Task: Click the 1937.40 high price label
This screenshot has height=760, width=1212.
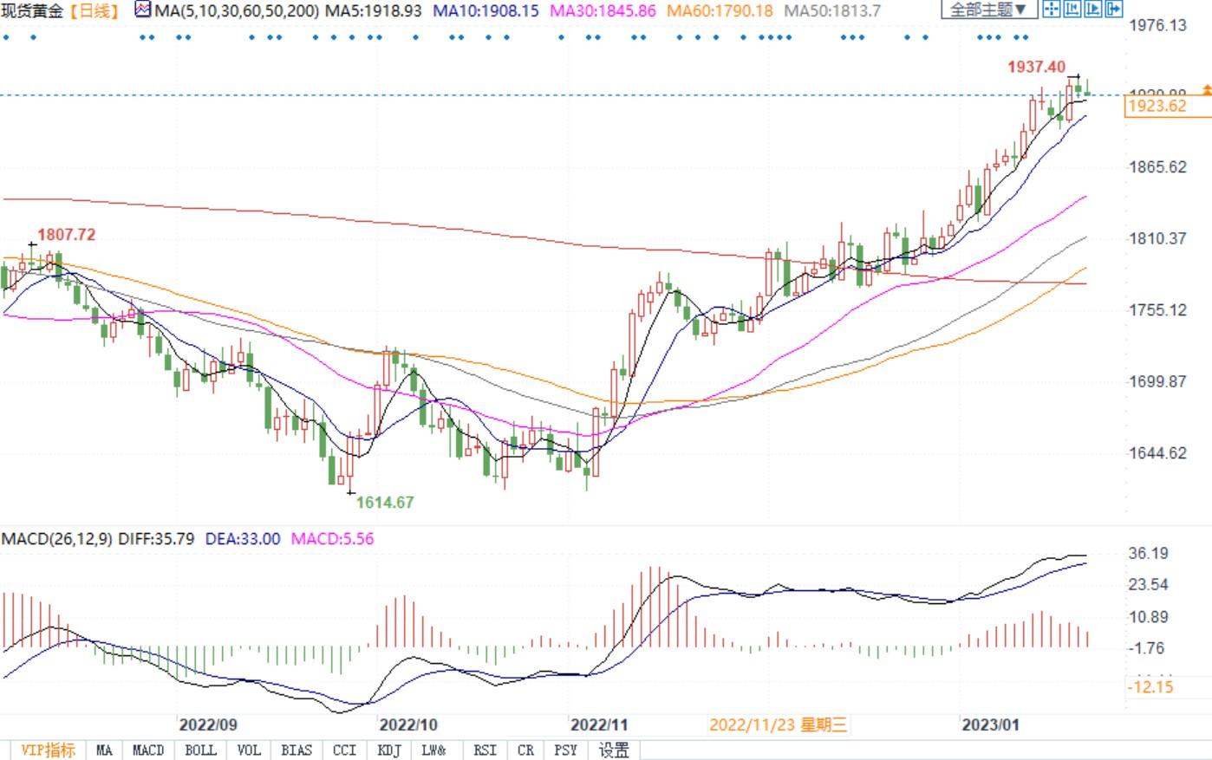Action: point(1036,67)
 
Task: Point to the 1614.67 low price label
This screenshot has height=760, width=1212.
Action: point(385,503)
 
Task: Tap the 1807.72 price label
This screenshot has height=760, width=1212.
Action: point(66,235)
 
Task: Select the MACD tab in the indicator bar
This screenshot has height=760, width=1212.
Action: point(148,750)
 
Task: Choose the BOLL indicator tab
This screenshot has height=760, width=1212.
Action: point(200,750)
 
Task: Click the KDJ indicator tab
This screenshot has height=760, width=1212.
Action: point(389,750)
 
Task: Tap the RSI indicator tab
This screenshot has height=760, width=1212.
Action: point(485,750)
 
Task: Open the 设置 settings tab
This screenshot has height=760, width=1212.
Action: point(615,750)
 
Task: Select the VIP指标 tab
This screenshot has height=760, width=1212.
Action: point(48,750)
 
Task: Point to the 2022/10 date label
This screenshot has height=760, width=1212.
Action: point(409,724)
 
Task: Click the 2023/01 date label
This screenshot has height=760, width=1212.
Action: point(989,724)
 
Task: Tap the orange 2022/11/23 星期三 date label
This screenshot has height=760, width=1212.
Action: point(778,724)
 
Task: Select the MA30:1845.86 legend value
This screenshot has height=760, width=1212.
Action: point(604,11)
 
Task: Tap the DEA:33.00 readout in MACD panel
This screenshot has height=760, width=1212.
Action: point(243,539)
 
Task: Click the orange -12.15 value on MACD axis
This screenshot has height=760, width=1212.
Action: point(1150,687)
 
